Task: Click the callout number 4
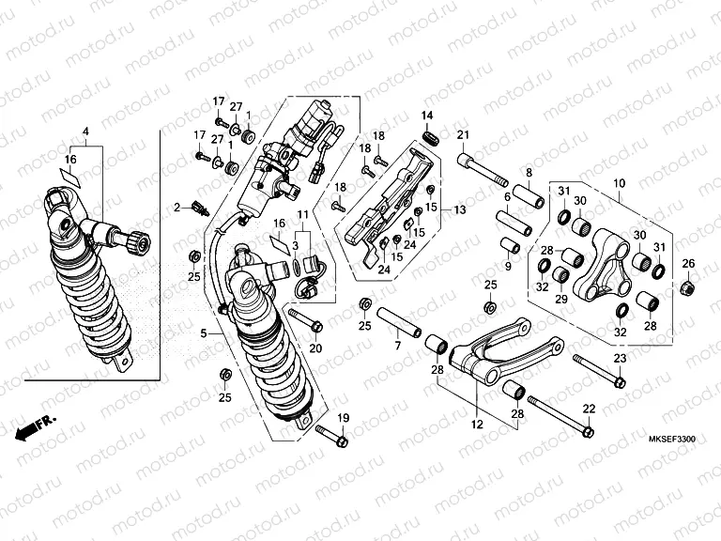[85, 130]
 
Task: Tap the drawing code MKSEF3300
[671, 440]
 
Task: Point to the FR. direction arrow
[37, 425]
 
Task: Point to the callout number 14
[427, 116]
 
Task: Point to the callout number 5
[205, 332]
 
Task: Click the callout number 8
[529, 172]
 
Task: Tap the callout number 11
[303, 216]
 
